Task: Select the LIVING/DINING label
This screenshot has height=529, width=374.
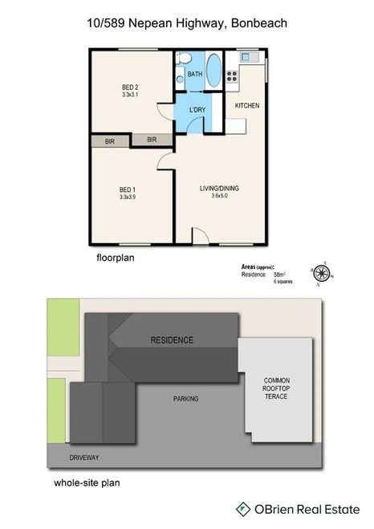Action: pos(219,188)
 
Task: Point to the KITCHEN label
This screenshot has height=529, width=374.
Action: pos(246,106)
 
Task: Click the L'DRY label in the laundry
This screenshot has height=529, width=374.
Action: pos(197,110)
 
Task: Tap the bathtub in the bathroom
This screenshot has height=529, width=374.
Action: pos(213,71)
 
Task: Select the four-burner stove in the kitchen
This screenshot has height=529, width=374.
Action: pos(232,77)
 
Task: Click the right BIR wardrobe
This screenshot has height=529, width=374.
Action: pos(152,140)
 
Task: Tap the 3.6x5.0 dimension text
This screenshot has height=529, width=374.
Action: pos(219,196)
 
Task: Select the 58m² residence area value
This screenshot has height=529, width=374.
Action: pos(280,275)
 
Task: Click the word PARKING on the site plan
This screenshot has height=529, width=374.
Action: pos(185,398)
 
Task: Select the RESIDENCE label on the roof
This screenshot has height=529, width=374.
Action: pos(172,340)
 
